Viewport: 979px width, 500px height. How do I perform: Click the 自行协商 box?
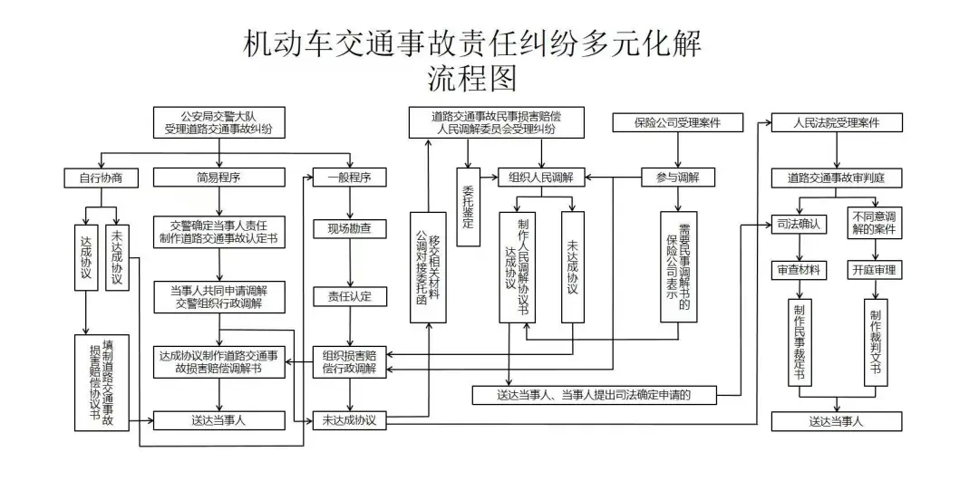tap(101, 178)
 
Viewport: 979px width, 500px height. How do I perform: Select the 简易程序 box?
tap(218, 178)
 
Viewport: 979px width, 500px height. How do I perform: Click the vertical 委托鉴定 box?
tap(468, 207)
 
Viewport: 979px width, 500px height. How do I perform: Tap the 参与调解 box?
tap(677, 178)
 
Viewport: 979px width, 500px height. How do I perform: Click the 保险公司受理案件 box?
tap(677, 122)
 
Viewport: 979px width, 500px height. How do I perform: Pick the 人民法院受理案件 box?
tap(836, 122)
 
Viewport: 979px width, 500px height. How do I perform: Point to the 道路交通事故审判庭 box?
tap(836, 178)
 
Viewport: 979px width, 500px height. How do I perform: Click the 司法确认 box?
tap(799, 224)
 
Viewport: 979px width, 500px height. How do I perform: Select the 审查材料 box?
tap(799, 270)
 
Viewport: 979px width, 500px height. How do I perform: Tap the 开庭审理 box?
tap(875, 270)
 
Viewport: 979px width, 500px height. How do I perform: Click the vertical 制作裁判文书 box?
tap(875, 341)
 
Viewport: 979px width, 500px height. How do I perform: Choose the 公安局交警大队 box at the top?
tap(218, 122)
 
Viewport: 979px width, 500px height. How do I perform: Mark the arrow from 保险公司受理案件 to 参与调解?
tap(677, 149)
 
